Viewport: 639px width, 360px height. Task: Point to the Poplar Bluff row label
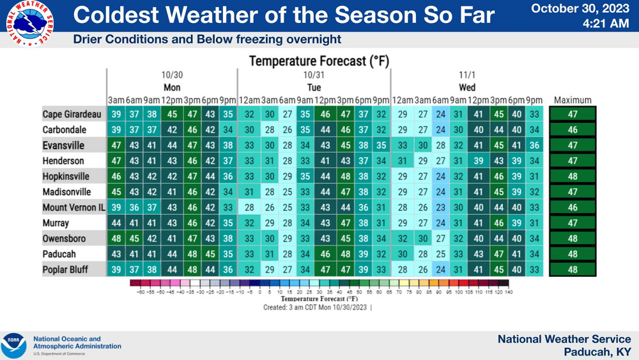pos(65,270)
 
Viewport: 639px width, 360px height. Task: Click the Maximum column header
pos(573,100)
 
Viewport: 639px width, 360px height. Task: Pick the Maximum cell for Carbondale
pos(573,130)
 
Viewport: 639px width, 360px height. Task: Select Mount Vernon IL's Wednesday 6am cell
pos(440,208)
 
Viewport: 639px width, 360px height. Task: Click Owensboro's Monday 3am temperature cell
pos(116,239)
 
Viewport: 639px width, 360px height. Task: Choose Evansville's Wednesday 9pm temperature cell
pos(534,146)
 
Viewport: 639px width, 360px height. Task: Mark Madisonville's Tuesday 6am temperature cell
pos(288,192)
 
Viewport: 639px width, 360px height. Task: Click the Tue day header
pos(314,87)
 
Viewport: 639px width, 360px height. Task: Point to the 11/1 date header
pos(466,75)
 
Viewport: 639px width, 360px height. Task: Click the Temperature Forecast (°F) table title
pos(319,61)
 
